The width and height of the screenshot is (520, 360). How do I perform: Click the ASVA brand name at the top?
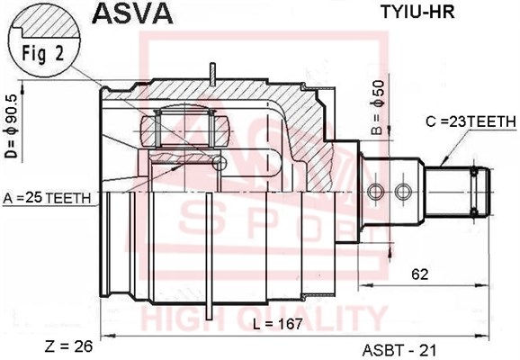point(132,13)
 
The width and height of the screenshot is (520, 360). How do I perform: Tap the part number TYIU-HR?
point(417,13)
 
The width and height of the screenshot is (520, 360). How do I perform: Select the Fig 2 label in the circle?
point(43,53)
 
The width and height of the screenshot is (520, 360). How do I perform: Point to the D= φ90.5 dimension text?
point(12,126)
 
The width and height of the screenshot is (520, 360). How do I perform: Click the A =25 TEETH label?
point(47,198)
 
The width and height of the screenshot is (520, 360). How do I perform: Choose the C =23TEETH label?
point(471,122)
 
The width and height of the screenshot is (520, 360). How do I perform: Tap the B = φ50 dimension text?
point(377,108)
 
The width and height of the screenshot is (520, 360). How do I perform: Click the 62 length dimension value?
point(419,274)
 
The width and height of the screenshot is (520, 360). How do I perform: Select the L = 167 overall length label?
point(278,324)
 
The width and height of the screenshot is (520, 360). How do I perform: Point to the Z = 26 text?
point(68,346)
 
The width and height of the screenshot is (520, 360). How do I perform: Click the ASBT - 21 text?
point(400,350)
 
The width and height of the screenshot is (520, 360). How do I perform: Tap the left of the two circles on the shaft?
point(376,192)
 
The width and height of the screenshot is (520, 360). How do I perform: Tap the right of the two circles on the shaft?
point(403,192)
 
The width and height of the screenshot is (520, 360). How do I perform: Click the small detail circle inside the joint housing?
point(219,163)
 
